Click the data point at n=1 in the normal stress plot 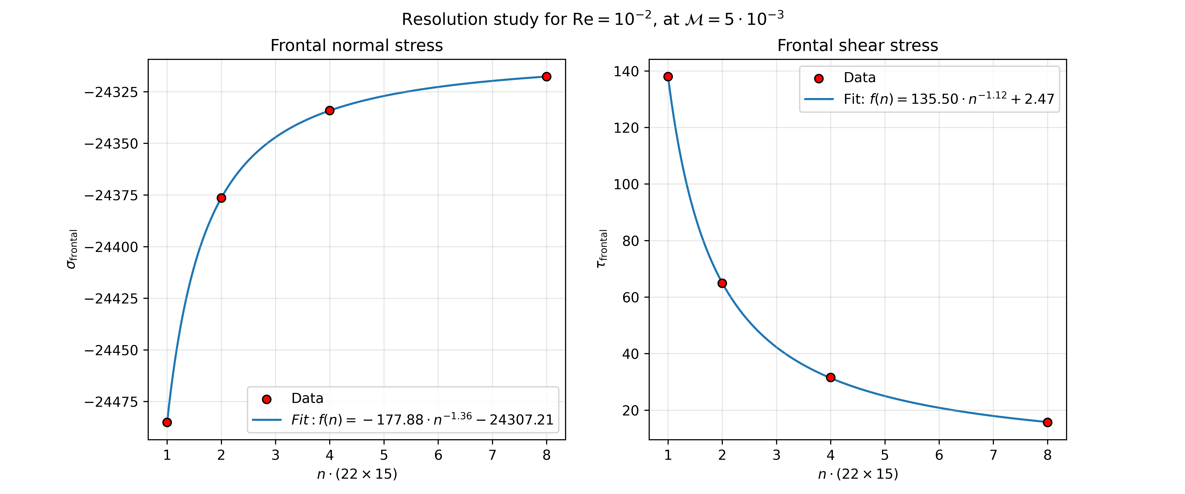point(167,422)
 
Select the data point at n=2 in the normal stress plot point(221,198)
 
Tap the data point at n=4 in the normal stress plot point(329,110)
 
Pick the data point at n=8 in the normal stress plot point(546,76)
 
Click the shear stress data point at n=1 point(668,76)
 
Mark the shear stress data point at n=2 point(722,283)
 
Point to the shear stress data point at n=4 point(830,378)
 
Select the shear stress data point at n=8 point(1047,422)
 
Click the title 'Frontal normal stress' point(356,46)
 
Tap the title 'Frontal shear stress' point(857,46)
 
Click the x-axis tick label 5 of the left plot point(384,455)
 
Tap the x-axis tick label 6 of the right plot point(939,455)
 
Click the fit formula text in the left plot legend point(422,419)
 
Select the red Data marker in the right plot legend point(819,78)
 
